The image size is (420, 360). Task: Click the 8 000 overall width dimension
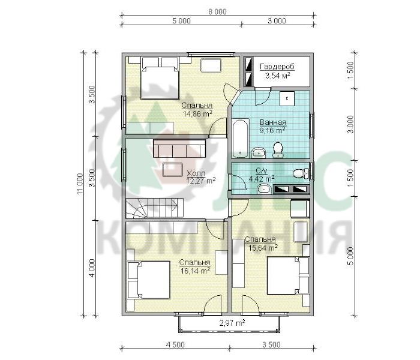coord(217,12)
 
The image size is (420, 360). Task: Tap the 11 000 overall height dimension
coord(80,184)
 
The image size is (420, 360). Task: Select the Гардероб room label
coord(277,67)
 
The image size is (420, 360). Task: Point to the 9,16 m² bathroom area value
coord(272,130)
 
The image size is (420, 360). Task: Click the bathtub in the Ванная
coord(240,139)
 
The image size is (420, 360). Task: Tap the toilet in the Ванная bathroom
coord(277,150)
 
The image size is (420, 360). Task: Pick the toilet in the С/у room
coord(301,173)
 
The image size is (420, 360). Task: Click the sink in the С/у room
coord(264,189)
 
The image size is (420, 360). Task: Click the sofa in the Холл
coord(179,149)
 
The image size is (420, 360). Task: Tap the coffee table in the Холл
coord(173,170)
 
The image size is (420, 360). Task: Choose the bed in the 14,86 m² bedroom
coord(160,78)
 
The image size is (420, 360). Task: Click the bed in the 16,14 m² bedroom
coord(149,280)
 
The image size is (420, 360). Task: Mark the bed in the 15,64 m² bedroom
coord(288,275)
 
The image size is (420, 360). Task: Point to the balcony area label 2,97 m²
coord(232,323)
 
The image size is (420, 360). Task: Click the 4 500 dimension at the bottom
coord(175,345)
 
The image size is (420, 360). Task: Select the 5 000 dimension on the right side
coord(350,256)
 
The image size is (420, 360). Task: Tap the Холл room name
coord(196,173)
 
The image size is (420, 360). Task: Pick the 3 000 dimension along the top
coord(277,21)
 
